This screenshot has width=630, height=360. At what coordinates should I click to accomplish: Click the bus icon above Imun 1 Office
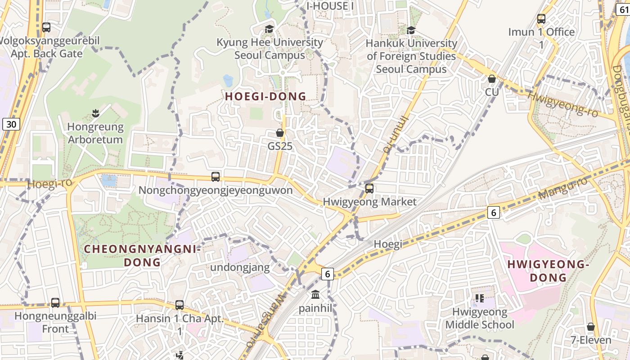click(541, 19)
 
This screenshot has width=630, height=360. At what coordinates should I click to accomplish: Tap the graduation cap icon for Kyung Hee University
click(269, 29)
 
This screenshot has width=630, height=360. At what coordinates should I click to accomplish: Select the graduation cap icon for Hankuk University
click(411, 30)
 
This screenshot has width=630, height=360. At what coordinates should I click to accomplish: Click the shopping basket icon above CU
click(492, 79)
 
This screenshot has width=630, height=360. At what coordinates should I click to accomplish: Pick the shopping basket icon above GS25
click(280, 133)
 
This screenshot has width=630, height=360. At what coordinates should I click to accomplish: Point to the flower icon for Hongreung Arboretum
click(95, 112)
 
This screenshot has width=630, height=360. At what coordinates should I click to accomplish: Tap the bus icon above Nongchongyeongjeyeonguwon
click(216, 177)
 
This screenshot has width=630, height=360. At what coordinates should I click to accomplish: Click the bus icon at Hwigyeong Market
click(369, 189)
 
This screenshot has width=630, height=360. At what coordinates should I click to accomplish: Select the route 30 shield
click(11, 124)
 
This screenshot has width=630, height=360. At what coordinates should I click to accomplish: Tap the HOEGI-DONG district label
click(265, 96)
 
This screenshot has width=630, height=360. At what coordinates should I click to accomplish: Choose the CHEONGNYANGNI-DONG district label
click(142, 256)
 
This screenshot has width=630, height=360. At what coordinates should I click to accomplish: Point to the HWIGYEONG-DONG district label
click(548, 271)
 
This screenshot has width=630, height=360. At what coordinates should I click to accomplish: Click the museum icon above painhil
click(315, 295)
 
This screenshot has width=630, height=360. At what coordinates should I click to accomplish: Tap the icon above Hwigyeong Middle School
click(479, 298)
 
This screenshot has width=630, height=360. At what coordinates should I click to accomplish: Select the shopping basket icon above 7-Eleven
click(591, 326)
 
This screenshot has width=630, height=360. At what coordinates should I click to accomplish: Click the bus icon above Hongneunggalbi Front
click(55, 302)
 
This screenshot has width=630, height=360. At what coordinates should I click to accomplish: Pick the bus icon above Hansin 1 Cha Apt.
click(180, 305)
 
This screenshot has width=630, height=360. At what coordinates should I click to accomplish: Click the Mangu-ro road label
click(563, 188)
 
